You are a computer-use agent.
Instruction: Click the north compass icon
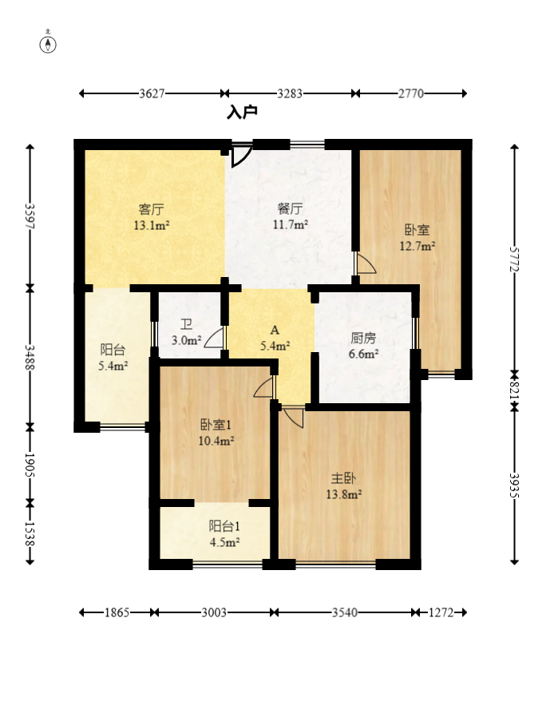pyautogui.click(x=49, y=42)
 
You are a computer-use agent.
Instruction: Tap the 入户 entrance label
pyautogui.click(x=242, y=113)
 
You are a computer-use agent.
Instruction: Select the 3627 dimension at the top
pyautogui.click(x=152, y=93)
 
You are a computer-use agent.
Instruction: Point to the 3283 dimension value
pyautogui.click(x=290, y=93)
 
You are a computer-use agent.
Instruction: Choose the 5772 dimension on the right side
pyautogui.click(x=515, y=258)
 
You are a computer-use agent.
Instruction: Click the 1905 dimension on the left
pyautogui.click(x=30, y=465)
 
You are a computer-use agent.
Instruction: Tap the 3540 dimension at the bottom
pyautogui.click(x=344, y=612)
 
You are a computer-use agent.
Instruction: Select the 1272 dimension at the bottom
pyautogui.click(x=440, y=612)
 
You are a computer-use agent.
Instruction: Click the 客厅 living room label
pyautogui.click(x=152, y=210)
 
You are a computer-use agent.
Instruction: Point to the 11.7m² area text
pyautogui.click(x=291, y=225)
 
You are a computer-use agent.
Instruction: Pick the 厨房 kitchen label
pyautogui.click(x=364, y=338)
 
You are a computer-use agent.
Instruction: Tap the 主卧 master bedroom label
pyautogui.click(x=344, y=478)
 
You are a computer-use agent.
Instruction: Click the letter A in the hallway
pyautogui.click(x=275, y=330)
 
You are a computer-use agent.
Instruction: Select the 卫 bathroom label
pyautogui.click(x=186, y=325)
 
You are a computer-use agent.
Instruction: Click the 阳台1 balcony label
pyautogui.click(x=224, y=526)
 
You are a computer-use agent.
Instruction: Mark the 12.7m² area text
pyautogui.click(x=417, y=246)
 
